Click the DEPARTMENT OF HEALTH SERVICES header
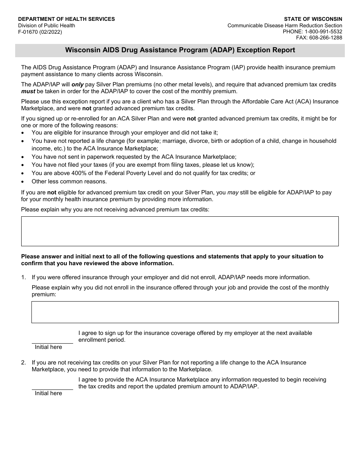(x=66, y=19)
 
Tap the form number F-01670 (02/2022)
(x=40, y=32)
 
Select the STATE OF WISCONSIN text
(x=313, y=19)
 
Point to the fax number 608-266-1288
(x=325, y=38)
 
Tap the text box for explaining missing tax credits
(x=180, y=231)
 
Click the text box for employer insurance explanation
(x=185, y=312)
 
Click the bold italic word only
(x=78, y=85)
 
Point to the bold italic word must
(x=28, y=91)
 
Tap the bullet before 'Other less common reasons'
(x=23, y=182)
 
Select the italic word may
(x=233, y=192)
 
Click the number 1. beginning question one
(x=23, y=277)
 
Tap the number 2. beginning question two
(x=23, y=363)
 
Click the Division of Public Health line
(x=47, y=25)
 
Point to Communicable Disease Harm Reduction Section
(x=285, y=25)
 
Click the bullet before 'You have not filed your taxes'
(x=23, y=165)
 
